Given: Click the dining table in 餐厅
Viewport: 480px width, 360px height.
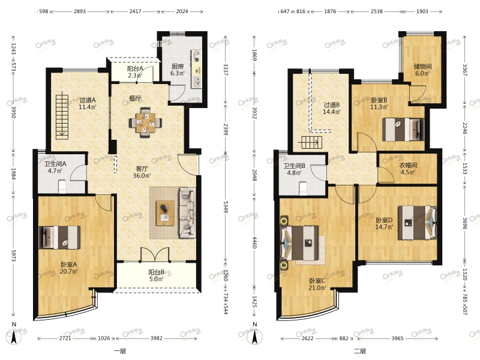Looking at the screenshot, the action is (x=145, y=122).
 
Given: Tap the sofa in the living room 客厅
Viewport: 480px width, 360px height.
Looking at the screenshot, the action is (x=187, y=212).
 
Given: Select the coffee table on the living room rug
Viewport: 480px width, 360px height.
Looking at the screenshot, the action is (x=165, y=213).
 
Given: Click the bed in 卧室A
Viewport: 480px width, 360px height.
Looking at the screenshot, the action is (x=59, y=237).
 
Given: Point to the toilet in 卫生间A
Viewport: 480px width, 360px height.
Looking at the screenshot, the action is (x=62, y=187).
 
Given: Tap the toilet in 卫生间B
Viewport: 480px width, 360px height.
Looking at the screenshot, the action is (x=303, y=188).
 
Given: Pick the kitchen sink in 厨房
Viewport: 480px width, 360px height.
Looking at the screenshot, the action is (x=197, y=82).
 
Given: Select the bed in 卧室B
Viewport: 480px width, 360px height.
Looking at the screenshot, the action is (x=403, y=130).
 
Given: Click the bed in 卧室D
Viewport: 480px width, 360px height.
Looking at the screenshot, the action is (x=417, y=223).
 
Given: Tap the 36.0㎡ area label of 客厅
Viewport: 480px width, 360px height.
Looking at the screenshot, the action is (x=142, y=176).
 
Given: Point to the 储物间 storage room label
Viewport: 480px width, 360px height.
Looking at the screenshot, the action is (x=423, y=66).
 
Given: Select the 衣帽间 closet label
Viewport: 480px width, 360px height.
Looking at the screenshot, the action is (x=408, y=166).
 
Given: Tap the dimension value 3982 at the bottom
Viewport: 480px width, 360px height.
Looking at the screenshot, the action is (x=157, y=338).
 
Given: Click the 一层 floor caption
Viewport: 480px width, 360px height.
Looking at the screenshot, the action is (x=119, y=351).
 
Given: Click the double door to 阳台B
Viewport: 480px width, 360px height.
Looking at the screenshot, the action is (x=155, y=254).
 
